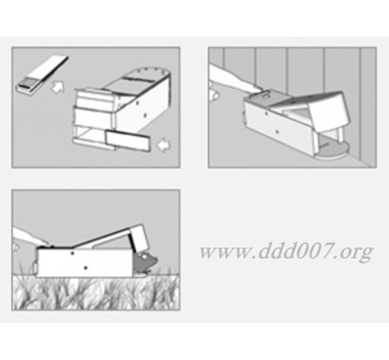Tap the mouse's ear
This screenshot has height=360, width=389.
point(144,257)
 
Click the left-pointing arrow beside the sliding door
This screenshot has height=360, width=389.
point(164,145)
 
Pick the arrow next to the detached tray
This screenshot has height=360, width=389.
point(58,87)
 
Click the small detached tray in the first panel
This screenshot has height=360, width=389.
point(41,74)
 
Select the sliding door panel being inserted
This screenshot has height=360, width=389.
point(128,141)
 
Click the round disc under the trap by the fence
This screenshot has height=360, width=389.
point(332,150)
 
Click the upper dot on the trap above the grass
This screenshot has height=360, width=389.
point(73,253)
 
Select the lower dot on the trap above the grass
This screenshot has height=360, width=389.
point(86,268)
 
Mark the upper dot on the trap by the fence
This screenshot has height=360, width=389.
point(266,114)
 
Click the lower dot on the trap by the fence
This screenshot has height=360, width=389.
point(277,132)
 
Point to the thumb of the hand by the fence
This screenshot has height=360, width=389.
point(215,95)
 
